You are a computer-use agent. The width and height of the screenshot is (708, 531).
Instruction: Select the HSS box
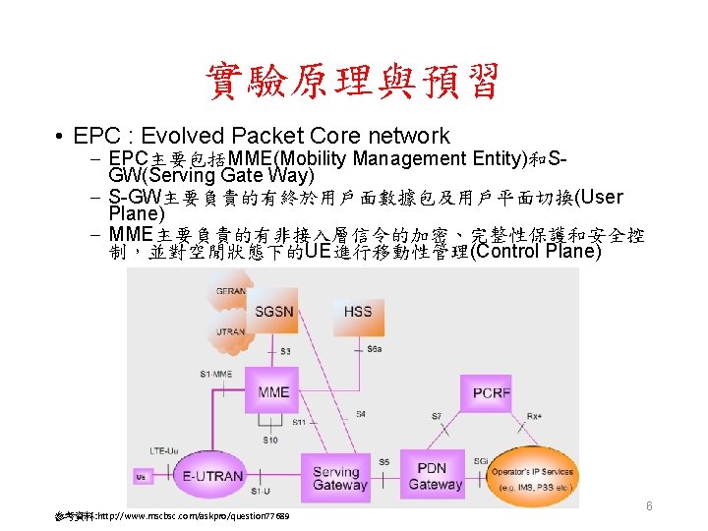click(x=358, y=312)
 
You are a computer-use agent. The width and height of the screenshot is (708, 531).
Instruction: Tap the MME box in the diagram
click(x=272, y=392)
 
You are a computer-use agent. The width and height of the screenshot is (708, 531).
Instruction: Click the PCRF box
click(x=464, y=392)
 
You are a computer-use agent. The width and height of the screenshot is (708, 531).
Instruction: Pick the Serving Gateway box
click(x=339, y=478)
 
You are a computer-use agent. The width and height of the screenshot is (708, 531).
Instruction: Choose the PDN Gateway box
click(x=435, y=476)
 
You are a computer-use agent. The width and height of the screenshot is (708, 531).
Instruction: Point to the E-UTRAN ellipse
click(x=210, y=476)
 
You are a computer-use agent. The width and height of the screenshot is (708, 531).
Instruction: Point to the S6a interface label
click(x=375, y=349)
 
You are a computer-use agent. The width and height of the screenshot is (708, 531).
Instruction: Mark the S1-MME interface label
click(x=215, y=373)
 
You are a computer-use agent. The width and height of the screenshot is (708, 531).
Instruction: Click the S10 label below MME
click(x=270, y=440)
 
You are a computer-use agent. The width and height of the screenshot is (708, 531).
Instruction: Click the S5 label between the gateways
click(x=383, y=462)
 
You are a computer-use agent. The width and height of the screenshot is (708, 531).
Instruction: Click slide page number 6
click(x=649, y=505)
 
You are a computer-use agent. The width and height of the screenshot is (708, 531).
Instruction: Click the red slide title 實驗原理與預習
click(x=353, y=83)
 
